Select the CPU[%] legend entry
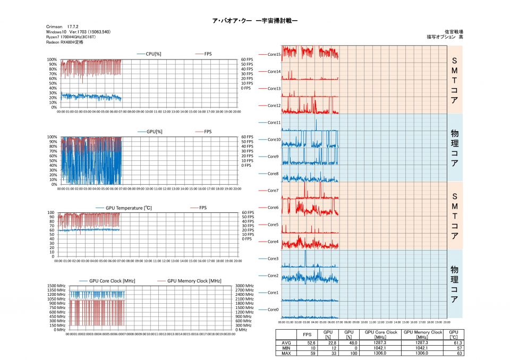click(155, 54)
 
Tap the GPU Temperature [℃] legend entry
click(129, 208)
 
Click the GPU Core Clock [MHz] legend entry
click(112, 281)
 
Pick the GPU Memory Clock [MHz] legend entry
click(194, 281)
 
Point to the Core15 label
click(274, 54)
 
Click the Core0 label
click(273, 310)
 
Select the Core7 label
click(273, 190)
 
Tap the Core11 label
click(274, 122)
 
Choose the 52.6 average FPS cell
click(307, 343)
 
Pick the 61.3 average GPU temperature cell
click(453, 343)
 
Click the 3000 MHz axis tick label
click(245, 285)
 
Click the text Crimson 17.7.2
click(63, 26)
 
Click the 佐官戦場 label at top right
click(454, 32)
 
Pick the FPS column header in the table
click(307, 335)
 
